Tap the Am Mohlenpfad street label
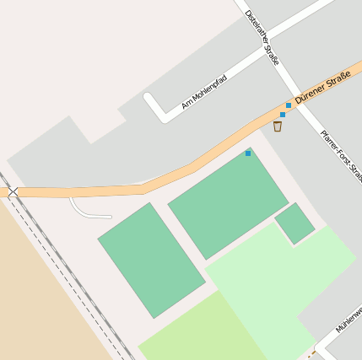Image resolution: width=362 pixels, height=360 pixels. click(x=204, y=93)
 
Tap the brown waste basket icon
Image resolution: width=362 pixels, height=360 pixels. click(x=278, y=126)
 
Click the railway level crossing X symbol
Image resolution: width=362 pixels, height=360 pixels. click(x=13, y=192)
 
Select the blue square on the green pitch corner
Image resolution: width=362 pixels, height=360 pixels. click(x=248, y=153)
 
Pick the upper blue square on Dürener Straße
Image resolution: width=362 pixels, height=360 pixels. click(x=289, y=105)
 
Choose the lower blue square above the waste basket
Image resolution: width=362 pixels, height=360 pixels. click(x=283, y=115)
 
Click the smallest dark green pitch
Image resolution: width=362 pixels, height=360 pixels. click(x=294, y=223)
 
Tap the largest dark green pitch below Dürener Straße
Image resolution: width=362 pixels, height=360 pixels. click(x=228, y=202)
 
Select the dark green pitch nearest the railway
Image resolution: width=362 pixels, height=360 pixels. click(x=151, y=259)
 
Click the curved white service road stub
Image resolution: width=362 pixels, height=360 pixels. click(x=84, y=211)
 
